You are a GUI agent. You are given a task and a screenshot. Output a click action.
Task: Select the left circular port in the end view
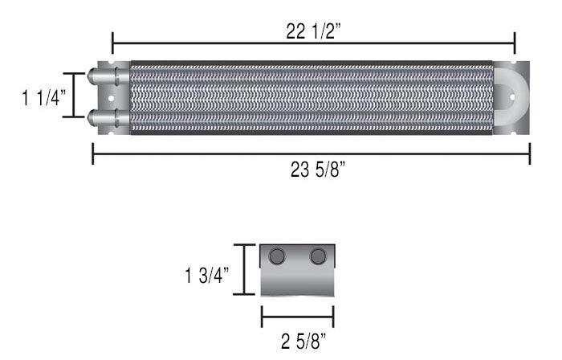[x=277, y=256]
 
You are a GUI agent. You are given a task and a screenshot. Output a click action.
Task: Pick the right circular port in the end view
[x=318, y=256]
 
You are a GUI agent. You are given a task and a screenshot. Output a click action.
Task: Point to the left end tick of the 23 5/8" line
[x=93, y=153]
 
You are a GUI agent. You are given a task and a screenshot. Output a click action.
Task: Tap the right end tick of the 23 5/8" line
[x=530, y=153]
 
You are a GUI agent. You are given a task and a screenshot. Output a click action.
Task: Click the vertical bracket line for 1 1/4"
[x=74, y=96]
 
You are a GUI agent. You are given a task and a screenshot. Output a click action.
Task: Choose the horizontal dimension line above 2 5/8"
[x=297, y=316]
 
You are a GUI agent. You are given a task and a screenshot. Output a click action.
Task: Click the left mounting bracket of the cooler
[x=112, y=97]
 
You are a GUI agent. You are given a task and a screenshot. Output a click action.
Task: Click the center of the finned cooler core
[x=310, y=98]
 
